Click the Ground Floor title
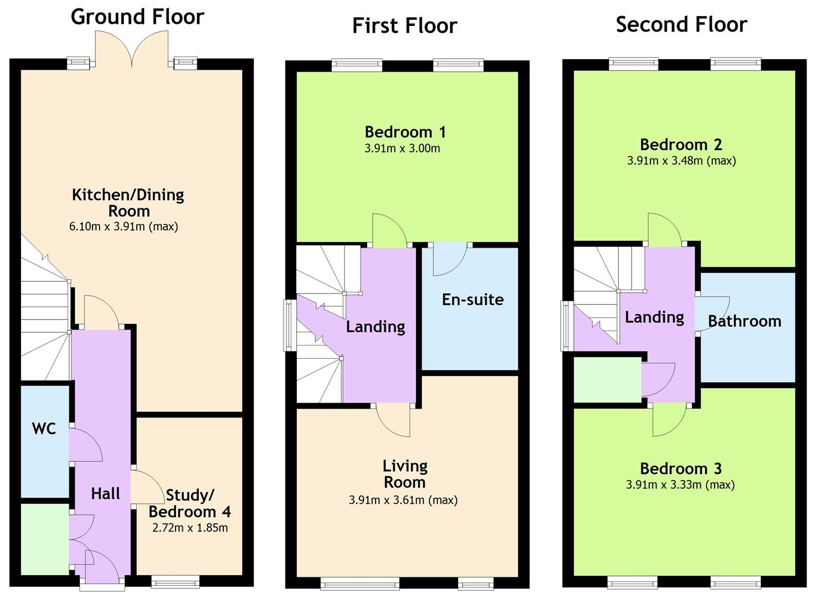pyautogui.click(x=137, y=17)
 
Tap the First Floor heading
pyautogui.click(x=404, y=25)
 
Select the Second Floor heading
pyautogui.click(x=681, y=24)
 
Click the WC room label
pyautogui.click(x=44, y=429)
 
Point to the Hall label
pyautogui.click(x=105, y=493)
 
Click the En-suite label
pyautogui.click(x=473, y=300)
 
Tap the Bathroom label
pyautogui.click(x=744, y=321)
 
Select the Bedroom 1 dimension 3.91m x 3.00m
pyautogui.click(x=402, y=148)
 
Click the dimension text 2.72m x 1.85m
pyautogui.click(x=189, y=528)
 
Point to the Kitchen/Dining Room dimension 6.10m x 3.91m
pyautogui.click(x=124, y=226)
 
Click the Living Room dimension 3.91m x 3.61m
pyautogui.click(x=403, y=501)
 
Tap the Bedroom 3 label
pyautogui.click(x=680, y=468)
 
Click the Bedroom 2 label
pyautogui.click(x=680, y=145)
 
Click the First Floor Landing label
pyautogui.click(x=375, y=327)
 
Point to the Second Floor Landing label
pyautogui.click(x=654, y=317)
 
